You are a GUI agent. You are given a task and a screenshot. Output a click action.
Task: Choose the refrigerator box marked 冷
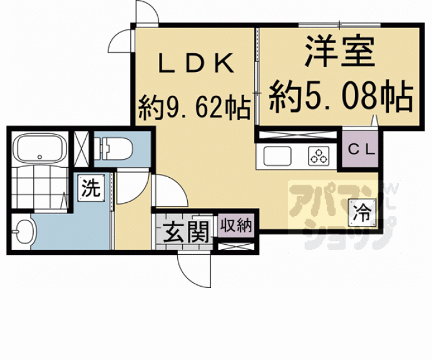[362, 211]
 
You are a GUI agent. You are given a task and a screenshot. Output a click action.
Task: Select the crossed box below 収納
[237, 245]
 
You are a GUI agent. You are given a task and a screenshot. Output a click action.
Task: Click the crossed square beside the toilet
[82, 148]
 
